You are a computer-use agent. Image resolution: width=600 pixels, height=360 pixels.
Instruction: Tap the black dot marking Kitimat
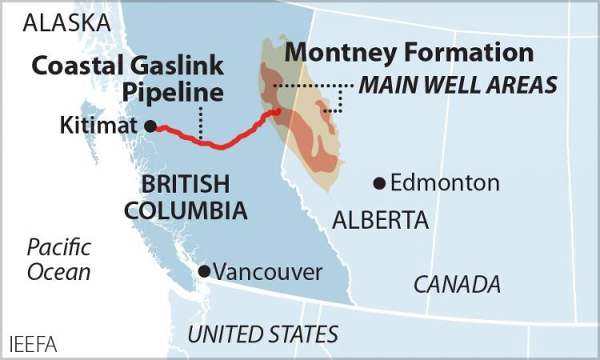pyautogui.click(x=150, y=126)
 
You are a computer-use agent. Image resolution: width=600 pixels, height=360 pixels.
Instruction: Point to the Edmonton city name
pyautogui.click(x=445, y=183)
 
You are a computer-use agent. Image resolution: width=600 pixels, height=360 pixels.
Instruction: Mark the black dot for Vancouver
pyautogui.click(x=204, y=271)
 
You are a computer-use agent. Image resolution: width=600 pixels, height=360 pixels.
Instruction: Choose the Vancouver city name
pyautogui.click(x=267, y=272)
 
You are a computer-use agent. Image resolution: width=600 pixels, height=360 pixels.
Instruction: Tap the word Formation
pyautogui.click(x=468, y=52)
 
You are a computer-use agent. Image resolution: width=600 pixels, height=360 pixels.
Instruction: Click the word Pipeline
pyautogui.click(x=173, y=92)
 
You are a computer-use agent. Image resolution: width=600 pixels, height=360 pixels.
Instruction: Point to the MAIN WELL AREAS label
pyautogui.click(x=458, y=85)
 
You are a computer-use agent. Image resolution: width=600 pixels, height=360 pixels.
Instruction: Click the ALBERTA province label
pyautogui.click(x=381, y=220)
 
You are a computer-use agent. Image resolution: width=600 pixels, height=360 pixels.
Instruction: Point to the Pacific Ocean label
pyautogui.click(x=59, y=259)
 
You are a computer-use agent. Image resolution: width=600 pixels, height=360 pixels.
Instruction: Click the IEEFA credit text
pyautogui.click(x=32, y=346)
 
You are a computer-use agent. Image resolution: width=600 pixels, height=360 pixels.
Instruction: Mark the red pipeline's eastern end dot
pyautogui.click(x=277, y=112)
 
